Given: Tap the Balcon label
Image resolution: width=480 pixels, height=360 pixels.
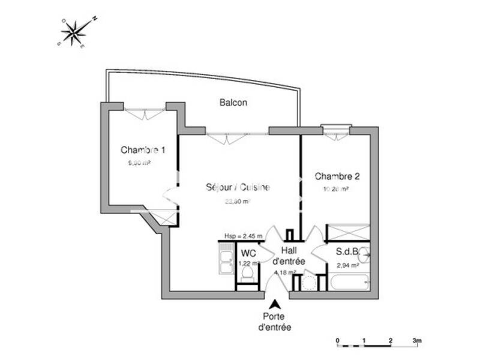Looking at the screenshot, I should click(233, 103).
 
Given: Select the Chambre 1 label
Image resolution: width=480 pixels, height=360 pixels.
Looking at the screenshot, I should click(143, 149).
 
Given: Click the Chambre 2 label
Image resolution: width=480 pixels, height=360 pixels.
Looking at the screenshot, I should click(337, 176).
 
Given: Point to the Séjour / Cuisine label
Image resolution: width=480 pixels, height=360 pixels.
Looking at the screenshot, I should click(238, 187).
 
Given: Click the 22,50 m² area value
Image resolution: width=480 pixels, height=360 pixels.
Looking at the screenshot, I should click(237, 202).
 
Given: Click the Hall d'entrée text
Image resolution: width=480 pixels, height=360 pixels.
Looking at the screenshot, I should click(289, 257).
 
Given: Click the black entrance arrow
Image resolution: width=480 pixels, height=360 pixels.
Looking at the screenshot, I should click(275, 305).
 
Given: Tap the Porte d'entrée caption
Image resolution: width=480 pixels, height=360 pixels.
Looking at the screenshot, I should click(275, 322).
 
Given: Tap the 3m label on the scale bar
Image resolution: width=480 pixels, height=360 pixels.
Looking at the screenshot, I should click(418, 341).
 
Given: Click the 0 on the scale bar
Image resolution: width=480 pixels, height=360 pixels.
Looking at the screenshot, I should click(337, 341).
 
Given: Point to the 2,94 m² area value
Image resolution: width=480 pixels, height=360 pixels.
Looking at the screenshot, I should click(347, 265).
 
